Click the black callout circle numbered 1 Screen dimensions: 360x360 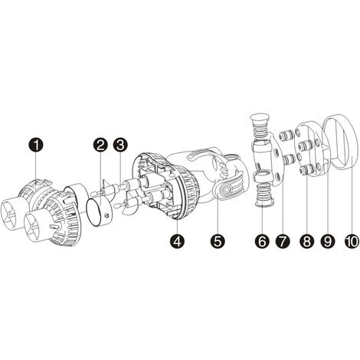coord(36,146)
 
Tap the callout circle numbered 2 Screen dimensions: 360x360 coord(100,146)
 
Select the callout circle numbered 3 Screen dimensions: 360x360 coord(120,146)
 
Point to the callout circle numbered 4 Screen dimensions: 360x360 coord(178,241)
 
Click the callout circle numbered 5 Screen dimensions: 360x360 coord(218,241)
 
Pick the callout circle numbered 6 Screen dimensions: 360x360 coord(262,241)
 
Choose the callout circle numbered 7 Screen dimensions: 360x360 coord(283,241)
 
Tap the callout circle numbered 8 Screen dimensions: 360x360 coord(306,241)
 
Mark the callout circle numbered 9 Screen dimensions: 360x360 coord(328,241)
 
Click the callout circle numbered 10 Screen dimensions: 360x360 coord(352,241)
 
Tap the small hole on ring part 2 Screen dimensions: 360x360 coord(107,216)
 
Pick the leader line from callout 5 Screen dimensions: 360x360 coord(218,215)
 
